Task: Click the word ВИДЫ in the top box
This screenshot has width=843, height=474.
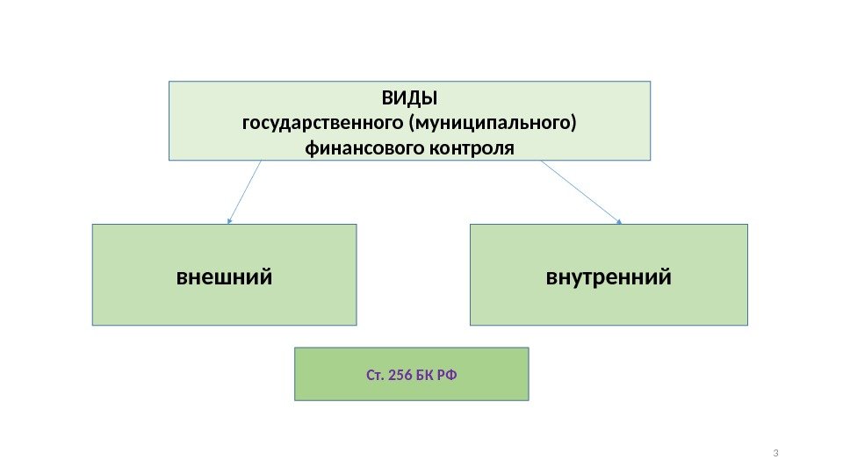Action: tap(409, 96)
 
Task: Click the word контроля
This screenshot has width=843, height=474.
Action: tap(471, 147)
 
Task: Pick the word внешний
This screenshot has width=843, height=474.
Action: tap(225, 277)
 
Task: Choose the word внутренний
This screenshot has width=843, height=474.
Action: tap(609, 277)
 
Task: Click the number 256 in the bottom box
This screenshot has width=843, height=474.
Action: tap(398, 376)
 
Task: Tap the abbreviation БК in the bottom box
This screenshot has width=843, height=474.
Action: tap(425, 376)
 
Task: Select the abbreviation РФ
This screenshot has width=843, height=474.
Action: tap(446, 376)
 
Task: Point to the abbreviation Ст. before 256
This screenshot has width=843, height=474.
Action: tap(374, 376)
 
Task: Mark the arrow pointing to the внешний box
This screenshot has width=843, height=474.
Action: tap(246, 190)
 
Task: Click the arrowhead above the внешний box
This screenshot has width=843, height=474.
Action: tap(230, 220)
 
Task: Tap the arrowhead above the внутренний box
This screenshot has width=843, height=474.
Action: tap(619, 221)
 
